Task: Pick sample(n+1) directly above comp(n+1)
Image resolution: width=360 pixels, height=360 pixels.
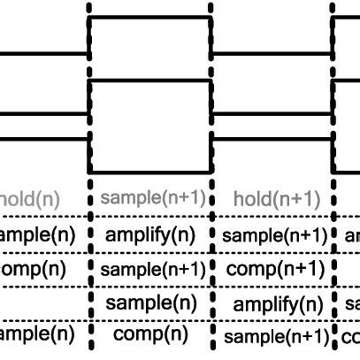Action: [275, 235]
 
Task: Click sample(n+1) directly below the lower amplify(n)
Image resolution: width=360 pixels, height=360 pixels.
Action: [275, 336]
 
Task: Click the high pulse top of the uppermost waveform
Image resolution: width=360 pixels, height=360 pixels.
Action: [150, 17]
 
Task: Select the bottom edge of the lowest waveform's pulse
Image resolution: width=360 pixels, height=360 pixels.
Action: [150, 172]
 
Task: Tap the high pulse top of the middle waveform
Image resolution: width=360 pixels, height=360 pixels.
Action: [150, 81]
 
